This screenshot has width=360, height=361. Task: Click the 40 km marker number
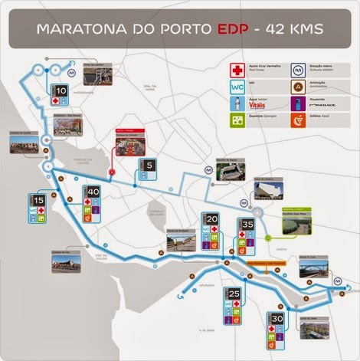[x=93, y=192]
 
